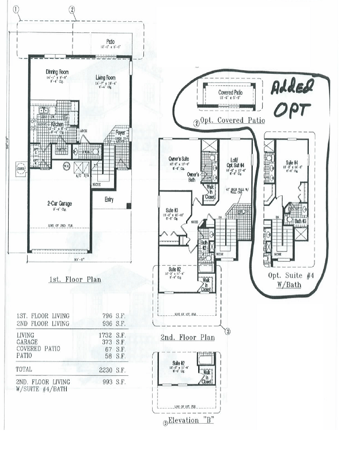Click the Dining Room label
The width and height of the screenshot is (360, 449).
click(x=57, y=72)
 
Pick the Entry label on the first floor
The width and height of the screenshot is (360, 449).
click(x=109, y=199)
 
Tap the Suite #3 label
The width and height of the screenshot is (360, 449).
click(x=172, y=210)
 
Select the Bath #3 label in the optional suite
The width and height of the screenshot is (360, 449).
click(x=299, y=221)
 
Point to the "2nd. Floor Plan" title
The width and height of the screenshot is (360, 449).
click(x=188, y=337)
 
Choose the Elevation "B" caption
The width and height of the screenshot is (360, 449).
click(x=188, y=420)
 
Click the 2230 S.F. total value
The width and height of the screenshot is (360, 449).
click(x=117, y=369)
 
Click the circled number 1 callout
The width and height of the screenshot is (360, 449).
click(x=17, y=9)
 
